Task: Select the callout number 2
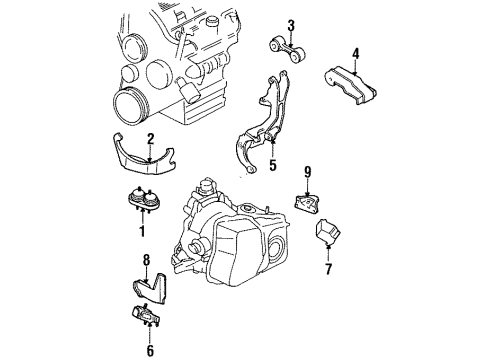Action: (149, 139)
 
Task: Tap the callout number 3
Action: (290, 25)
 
